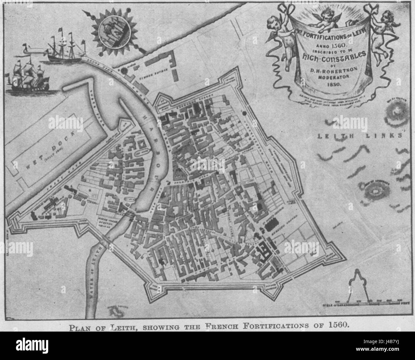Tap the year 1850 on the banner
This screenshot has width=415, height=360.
click(334, 85)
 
